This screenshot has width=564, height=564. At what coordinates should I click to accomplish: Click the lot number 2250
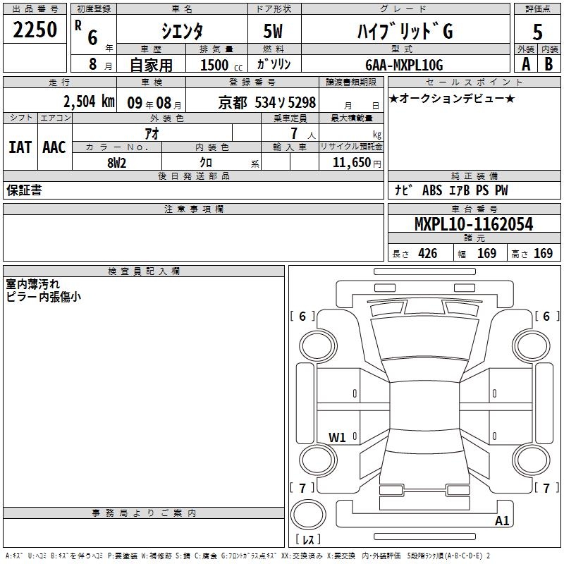(35, 30)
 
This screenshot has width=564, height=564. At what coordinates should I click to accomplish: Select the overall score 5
(537, 32)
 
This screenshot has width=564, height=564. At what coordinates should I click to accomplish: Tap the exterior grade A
(526, 64)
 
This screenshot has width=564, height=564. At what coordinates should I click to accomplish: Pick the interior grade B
(548, 64)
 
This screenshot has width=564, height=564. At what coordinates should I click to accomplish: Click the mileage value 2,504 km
(89, 102)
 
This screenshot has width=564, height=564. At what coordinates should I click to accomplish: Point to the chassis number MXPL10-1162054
(474, 224)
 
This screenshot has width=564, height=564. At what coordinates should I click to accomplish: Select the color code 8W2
(117, 163)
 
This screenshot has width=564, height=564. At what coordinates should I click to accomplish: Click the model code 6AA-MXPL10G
(404, 65)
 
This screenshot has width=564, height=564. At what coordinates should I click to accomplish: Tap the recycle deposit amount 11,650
(351, 163)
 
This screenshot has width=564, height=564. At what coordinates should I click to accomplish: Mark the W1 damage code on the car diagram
(337, 437)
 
